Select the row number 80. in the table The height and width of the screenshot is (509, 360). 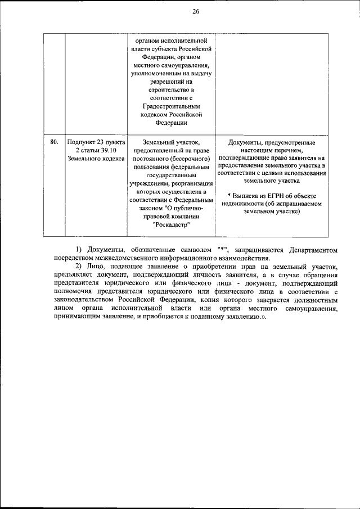pyautogui.click(x=55, y=142)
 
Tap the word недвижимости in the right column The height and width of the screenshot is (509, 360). pyautogui.click(x=246, y=203)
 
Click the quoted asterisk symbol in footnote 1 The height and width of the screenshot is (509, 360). pyautogui.click(x=222, y=249)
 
